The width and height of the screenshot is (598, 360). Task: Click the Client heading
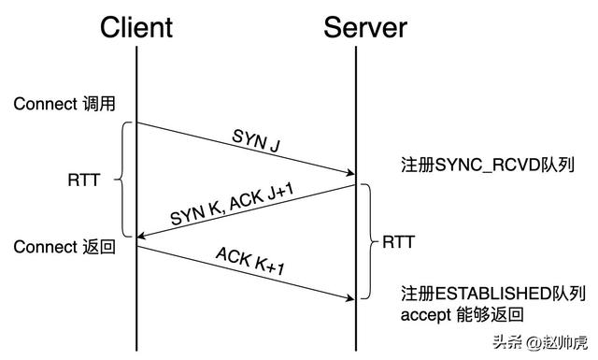point(136,26)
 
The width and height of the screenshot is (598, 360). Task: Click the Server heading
point(365,26)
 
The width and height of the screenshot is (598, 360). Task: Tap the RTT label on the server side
point(399,241)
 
